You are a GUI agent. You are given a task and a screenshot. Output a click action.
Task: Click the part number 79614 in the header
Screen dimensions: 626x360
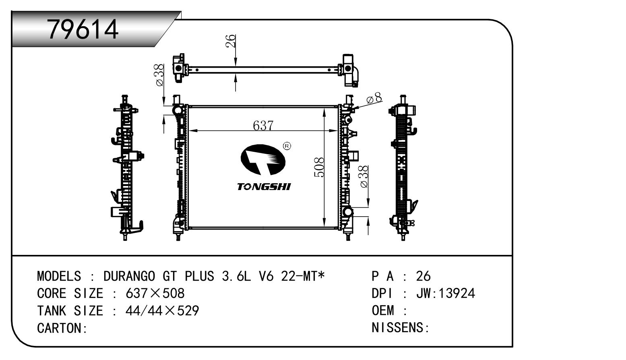(x=83, y=29)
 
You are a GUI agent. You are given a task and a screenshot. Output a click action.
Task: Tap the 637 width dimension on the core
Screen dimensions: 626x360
(x=263, y=126)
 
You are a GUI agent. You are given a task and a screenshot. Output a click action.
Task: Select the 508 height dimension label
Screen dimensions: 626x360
(x=319, y=167)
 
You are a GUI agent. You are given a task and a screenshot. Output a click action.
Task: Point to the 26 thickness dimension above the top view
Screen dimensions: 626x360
(x=231, y=41)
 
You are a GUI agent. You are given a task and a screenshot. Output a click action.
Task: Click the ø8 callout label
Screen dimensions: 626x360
(x=374, y=98)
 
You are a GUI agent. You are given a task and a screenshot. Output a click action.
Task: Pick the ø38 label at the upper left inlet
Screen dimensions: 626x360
(x=159, y=74)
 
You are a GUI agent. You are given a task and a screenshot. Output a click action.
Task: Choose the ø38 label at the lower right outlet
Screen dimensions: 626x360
(x=364, y=176)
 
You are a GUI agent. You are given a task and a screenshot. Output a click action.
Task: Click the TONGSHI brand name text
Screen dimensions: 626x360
(x=264, y=187)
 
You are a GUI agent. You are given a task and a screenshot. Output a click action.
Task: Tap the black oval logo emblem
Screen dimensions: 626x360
(x=263, y=160)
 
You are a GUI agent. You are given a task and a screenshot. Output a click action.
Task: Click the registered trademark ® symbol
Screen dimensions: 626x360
(x=287, y=146)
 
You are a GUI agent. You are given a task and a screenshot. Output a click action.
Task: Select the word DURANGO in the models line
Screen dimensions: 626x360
(x=129, y=276)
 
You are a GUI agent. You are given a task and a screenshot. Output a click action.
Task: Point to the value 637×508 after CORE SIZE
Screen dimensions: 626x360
(x=155, y=294)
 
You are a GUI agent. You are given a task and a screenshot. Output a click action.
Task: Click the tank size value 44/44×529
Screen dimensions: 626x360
(x=162, y=311)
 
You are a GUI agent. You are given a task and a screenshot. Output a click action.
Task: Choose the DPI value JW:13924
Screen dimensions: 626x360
(x=446, y=294)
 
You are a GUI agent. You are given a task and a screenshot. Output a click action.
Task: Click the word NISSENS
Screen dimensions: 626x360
(x=398, y=327)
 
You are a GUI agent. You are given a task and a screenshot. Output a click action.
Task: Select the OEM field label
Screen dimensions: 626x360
(x=383, y=310)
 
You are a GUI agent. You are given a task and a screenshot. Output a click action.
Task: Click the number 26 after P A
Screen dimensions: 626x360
(x=424, y=276)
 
